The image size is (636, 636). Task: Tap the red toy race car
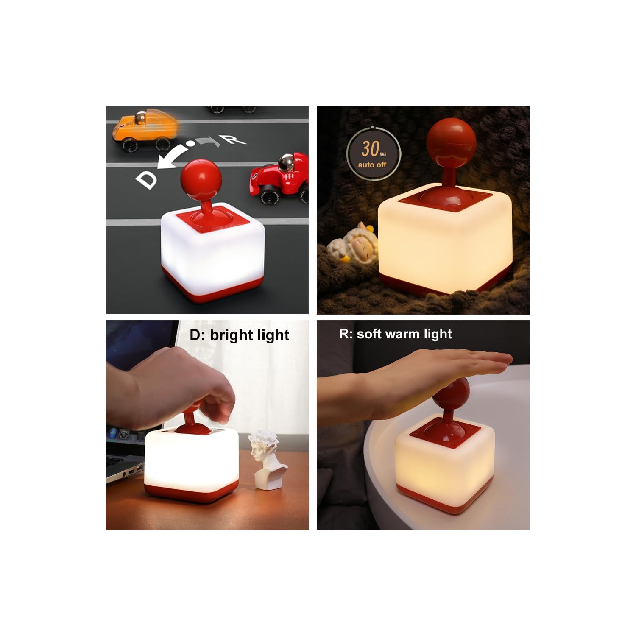coord(280,178)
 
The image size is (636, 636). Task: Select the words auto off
coord(372,165)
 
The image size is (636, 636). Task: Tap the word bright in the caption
coord(229,335)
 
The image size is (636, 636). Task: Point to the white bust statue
coord(265,458)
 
